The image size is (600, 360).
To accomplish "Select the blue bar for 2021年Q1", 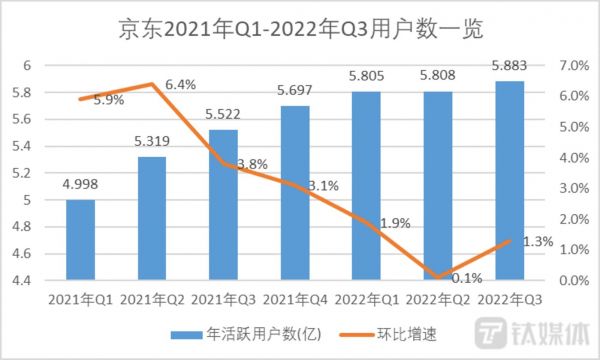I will pos(81,240).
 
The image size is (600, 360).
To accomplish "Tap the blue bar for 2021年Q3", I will pos(224,205).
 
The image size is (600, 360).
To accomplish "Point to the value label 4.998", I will pos(81,186).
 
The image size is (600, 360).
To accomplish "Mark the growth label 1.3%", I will pos(536,241).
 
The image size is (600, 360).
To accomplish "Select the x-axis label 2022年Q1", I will pos(367,300).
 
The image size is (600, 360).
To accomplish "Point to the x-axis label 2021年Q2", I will pos(153,300).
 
